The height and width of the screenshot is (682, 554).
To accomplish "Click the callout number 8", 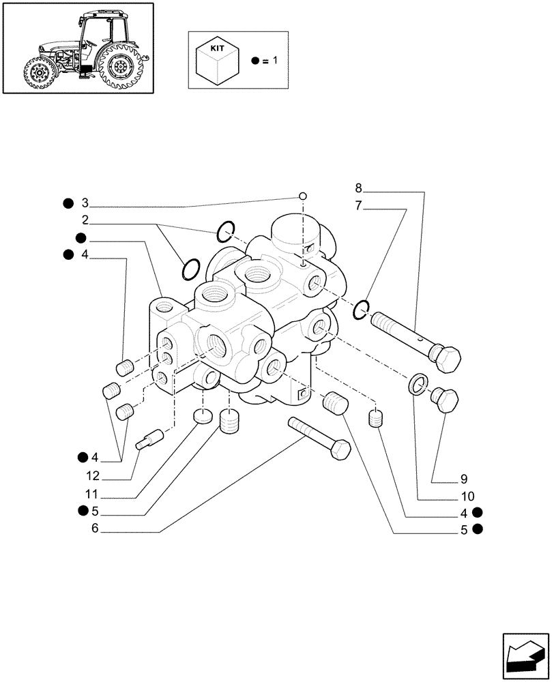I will coord(360,188).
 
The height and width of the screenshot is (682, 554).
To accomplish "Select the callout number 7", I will coord(360,205).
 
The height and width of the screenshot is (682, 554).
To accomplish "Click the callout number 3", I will coord(85,203).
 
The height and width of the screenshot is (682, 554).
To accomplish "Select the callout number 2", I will coord(85,220).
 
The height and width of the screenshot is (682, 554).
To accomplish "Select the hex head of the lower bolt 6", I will coord(339,449).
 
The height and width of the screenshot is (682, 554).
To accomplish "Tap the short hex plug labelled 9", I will coord(445,401).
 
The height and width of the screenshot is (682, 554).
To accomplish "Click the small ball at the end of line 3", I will coord(301,196).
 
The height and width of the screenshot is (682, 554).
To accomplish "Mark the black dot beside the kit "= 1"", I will coord(254,61).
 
